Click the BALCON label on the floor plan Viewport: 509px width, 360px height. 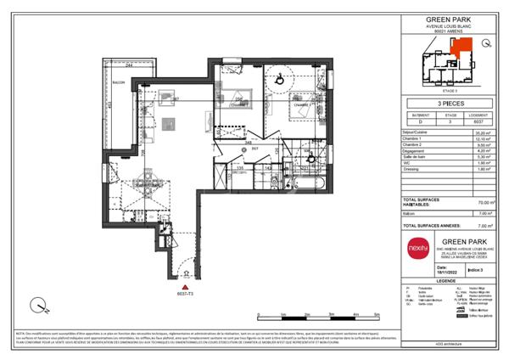pyautogui.click(x=120, y=83)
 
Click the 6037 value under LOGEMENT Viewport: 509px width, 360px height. pyautogui.click(x=482, y=121)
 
